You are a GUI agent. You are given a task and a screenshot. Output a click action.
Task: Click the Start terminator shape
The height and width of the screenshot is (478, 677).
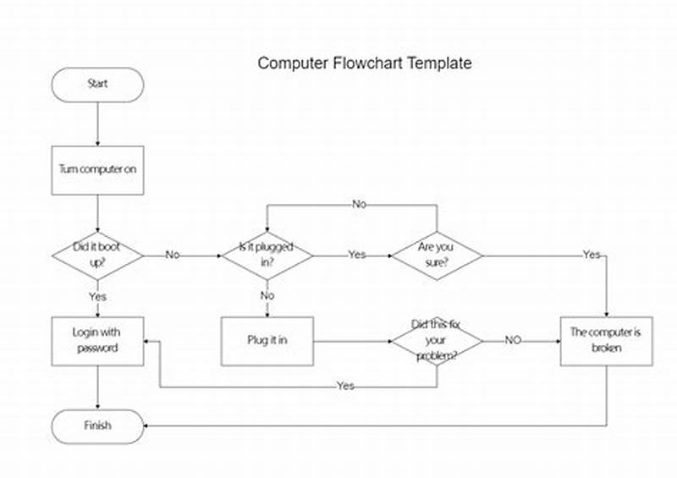[x=97, y=85]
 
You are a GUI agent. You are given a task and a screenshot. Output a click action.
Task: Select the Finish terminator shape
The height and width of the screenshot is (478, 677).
[x=97, y=425]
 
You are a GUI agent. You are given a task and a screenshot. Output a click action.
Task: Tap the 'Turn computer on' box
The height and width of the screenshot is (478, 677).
[x=97, y=169]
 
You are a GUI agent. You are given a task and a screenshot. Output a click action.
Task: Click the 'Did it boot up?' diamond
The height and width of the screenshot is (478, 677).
[x=97, y=255]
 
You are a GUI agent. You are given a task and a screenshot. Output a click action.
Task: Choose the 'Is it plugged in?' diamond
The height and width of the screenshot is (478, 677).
[x=267, y=255]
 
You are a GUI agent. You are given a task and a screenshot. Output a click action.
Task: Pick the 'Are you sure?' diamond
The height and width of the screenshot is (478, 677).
[x=436, y=255]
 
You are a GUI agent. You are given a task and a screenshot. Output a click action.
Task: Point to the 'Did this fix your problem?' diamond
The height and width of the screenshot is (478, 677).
[x=436, y=341]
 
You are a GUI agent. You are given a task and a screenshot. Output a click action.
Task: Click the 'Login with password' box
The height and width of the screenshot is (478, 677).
[x=97, y=341]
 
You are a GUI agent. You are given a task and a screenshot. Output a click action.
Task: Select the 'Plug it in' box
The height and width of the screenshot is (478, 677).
[x=267, y=341]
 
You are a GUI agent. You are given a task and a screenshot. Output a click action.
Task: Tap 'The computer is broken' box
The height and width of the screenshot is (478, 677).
[x=606, y=341]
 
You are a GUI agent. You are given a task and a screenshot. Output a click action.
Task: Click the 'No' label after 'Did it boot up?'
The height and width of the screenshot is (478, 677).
[x=173, y=255]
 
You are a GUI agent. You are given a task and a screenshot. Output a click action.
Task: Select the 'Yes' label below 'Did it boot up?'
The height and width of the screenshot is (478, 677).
[x=97, y=297]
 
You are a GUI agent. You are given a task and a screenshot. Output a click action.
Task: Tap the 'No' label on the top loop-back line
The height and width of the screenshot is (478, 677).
[x=360, y=205]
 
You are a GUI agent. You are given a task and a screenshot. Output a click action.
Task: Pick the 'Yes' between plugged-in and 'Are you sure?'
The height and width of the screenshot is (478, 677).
[x=356, y=255]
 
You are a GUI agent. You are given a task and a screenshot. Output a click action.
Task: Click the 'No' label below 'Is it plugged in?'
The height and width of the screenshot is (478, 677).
[x=267, y=296]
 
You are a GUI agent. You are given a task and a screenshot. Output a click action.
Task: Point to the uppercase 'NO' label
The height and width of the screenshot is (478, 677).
[x=513, y=340]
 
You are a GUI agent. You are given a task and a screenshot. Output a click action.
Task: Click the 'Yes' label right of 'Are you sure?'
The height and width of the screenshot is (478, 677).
[x=591, y=255]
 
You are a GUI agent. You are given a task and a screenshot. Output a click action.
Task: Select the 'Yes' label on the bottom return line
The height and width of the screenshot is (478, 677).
[x=345, y=386]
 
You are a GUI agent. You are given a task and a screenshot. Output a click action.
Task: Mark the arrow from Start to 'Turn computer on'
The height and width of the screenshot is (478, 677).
[x=97, y=124]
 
